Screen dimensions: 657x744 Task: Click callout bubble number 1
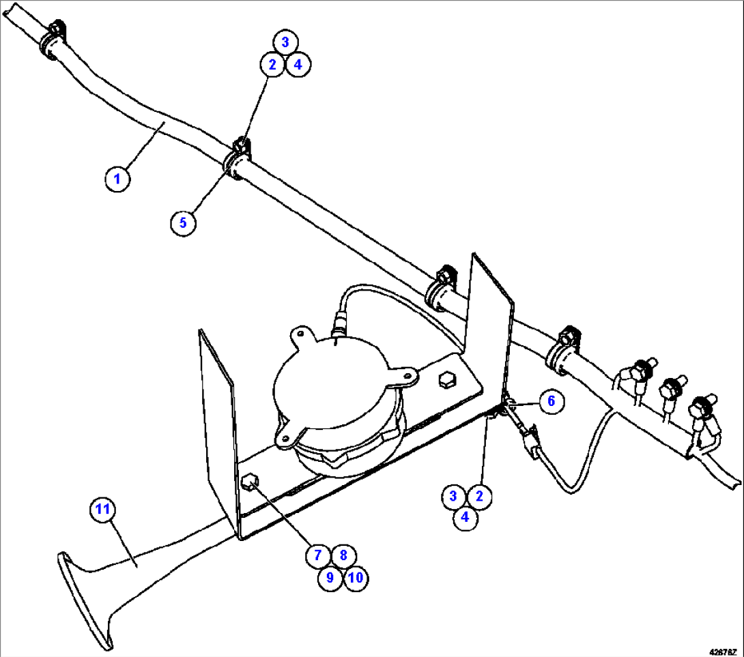117,179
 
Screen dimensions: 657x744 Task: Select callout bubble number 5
183,222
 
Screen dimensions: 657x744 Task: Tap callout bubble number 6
552,402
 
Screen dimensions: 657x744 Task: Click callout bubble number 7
317,555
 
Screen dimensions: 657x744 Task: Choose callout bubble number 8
343,555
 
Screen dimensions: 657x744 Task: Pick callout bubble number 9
330,578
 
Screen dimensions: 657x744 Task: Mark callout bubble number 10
355,578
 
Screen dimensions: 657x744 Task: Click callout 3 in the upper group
285,42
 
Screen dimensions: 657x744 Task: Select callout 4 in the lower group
466,517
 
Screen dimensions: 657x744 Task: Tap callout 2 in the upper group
272,65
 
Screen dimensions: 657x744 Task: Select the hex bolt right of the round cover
446,380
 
